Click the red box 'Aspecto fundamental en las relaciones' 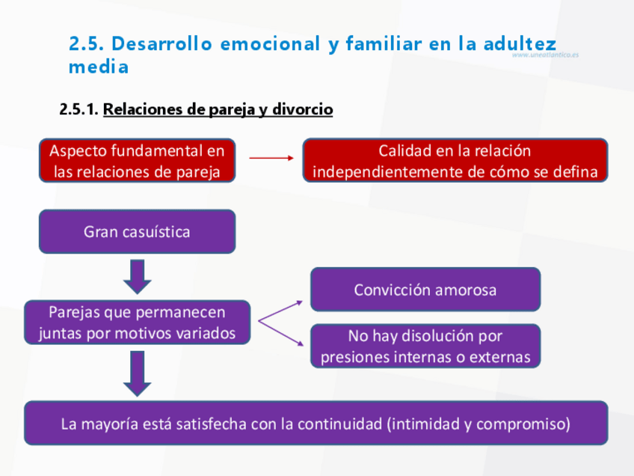tap(137, 160)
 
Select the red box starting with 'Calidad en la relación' tap(455, 160)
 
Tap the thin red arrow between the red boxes tap(271, 159)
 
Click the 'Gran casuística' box tap(137, 231)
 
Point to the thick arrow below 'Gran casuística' tap(137, 276)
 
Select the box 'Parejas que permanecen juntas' tap(137, 323)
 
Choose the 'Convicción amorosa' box tap(425, 290)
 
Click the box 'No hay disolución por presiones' tap(425, 346)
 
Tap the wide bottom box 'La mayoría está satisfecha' tap(316, 424)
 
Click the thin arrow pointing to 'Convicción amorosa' tap(280, 311)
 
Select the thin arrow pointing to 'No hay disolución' tap(280, 334)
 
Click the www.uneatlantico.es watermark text tap(545, 55)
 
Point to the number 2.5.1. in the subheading tap(79, 110)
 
